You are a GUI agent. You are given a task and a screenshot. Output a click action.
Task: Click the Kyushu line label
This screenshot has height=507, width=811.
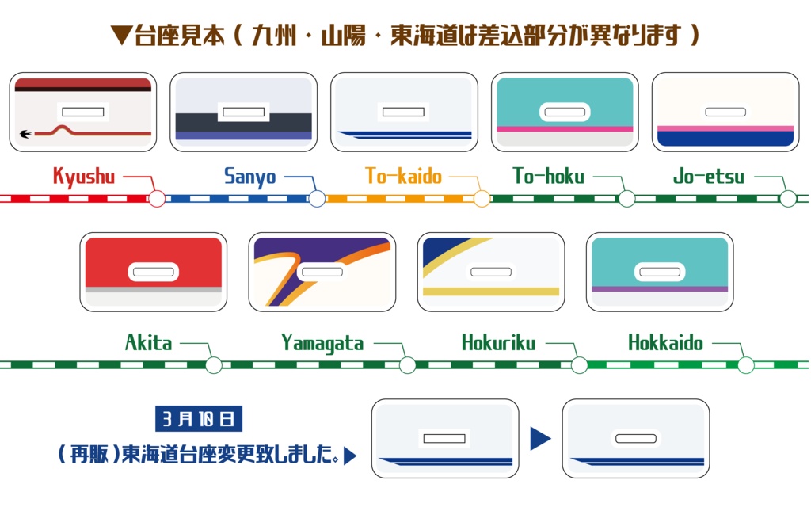click(x=84, y=176)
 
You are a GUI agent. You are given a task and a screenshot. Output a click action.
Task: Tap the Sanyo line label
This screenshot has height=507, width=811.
click(x=249, y=176)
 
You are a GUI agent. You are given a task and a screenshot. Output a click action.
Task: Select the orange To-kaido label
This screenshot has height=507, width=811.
click(x=403, y=176)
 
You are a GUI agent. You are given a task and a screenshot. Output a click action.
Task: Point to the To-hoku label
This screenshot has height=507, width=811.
click(x=548, y=176)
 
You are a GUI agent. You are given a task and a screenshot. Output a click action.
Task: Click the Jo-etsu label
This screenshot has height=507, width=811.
click(x=709, y=176)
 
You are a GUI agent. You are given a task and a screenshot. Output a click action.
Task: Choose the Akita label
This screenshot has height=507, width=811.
click(x=148, y=343)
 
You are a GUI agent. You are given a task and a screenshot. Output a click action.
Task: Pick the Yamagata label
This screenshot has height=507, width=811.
click(x=322, y=343)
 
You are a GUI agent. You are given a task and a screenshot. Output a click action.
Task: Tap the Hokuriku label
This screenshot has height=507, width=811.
click(x=498, y=343)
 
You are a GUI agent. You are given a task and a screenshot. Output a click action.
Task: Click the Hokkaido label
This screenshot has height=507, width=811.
click(x=665, y=343)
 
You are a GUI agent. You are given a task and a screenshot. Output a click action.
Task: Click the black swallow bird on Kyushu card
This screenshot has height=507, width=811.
click(x=27, y=133)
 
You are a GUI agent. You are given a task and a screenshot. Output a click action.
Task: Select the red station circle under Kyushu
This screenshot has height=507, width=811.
click(x=157, y=198)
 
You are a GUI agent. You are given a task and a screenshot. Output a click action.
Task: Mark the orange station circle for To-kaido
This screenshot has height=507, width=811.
click(x=482, y=198)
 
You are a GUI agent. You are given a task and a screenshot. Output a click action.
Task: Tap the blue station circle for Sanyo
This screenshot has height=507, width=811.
click(x=317, y=198)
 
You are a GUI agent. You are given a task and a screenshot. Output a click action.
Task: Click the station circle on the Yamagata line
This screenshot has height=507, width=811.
click(x=407, y=365)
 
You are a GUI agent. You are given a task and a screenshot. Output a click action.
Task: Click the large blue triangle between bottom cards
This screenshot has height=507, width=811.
click(x=540, y=438)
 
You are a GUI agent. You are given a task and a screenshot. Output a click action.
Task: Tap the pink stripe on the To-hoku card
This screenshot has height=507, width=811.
click(x=564, y=128)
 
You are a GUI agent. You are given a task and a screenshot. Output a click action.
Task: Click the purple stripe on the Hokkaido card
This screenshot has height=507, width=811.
click(x=659, y=288)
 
